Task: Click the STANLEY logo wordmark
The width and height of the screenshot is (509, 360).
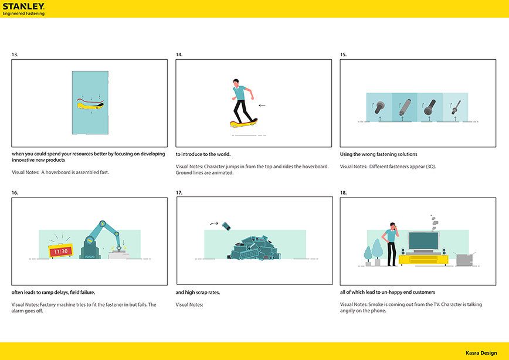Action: click(x=23, y=6)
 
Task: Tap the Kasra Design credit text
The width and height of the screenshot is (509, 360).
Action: click(x=481, y=353)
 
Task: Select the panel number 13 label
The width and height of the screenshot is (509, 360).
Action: click(x=15, y=55)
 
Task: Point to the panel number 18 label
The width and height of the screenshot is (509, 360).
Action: click(x=344, y=193)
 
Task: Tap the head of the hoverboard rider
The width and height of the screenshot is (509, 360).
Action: click(x=236, y=83)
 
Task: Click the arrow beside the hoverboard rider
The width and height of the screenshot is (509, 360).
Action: click(x=262, y=105)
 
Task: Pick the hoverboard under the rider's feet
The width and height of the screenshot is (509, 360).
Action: click(x=243, y=123)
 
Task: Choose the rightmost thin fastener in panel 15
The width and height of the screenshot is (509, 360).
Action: click(x=456, y=107)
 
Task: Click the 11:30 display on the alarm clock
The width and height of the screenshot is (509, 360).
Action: click(x=61, y=252)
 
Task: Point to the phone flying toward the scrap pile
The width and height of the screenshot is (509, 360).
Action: click(x=226, y=226)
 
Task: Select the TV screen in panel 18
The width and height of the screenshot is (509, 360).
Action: click(x=423, y=241)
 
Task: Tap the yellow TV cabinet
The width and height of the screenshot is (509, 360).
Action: click(x=423, y=260)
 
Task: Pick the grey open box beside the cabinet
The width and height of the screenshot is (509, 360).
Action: click(x=465, y=259)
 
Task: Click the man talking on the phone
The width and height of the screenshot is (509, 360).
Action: click(x=391, y=244)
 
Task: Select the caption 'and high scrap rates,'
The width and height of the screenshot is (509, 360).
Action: click(x=198, y=293)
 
